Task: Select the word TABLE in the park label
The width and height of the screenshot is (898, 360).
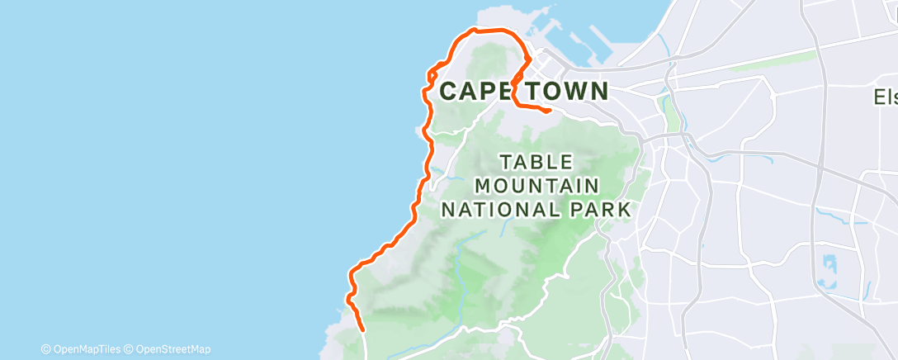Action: (x=536, y=162)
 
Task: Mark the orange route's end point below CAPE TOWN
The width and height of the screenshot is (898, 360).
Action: (x=550, y=110)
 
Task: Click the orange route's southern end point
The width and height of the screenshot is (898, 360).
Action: (x=363, y=330)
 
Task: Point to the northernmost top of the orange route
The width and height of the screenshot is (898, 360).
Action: (x=475, y=30)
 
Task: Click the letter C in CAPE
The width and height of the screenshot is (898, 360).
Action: (x=449, y=91)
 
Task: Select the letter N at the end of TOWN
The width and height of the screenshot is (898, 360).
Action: (x=598, y=91)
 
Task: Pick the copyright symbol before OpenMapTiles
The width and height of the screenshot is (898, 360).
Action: (x=46, y=349)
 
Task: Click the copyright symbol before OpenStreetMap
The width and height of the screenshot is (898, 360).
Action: (x=130, y=349)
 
